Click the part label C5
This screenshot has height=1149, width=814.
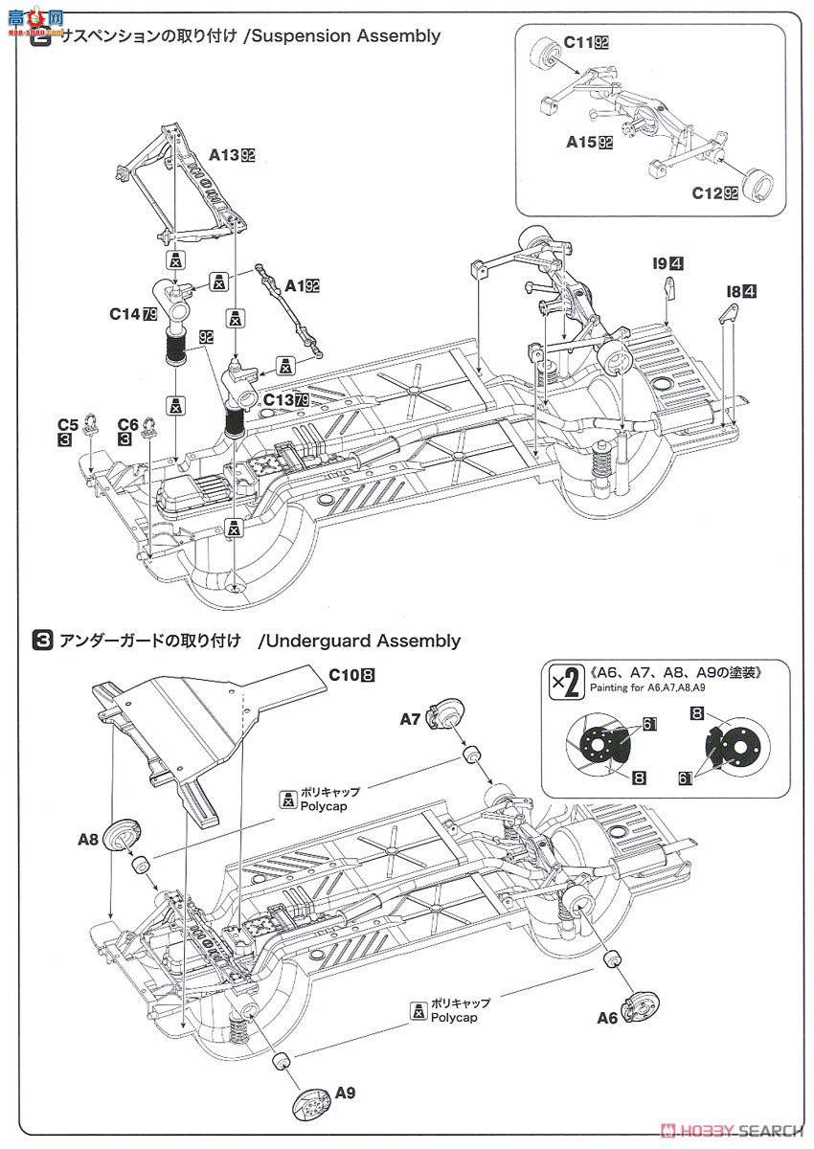67,423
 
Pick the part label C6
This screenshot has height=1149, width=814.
127,423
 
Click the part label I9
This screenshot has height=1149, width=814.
660,262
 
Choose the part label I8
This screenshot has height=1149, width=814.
734,291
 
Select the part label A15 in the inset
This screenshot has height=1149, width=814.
582,142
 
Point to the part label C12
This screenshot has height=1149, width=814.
709,192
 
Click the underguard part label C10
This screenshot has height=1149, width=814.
342,674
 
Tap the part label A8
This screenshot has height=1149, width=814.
89,839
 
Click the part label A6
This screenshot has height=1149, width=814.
607,1018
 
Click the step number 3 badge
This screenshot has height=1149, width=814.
42,640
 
